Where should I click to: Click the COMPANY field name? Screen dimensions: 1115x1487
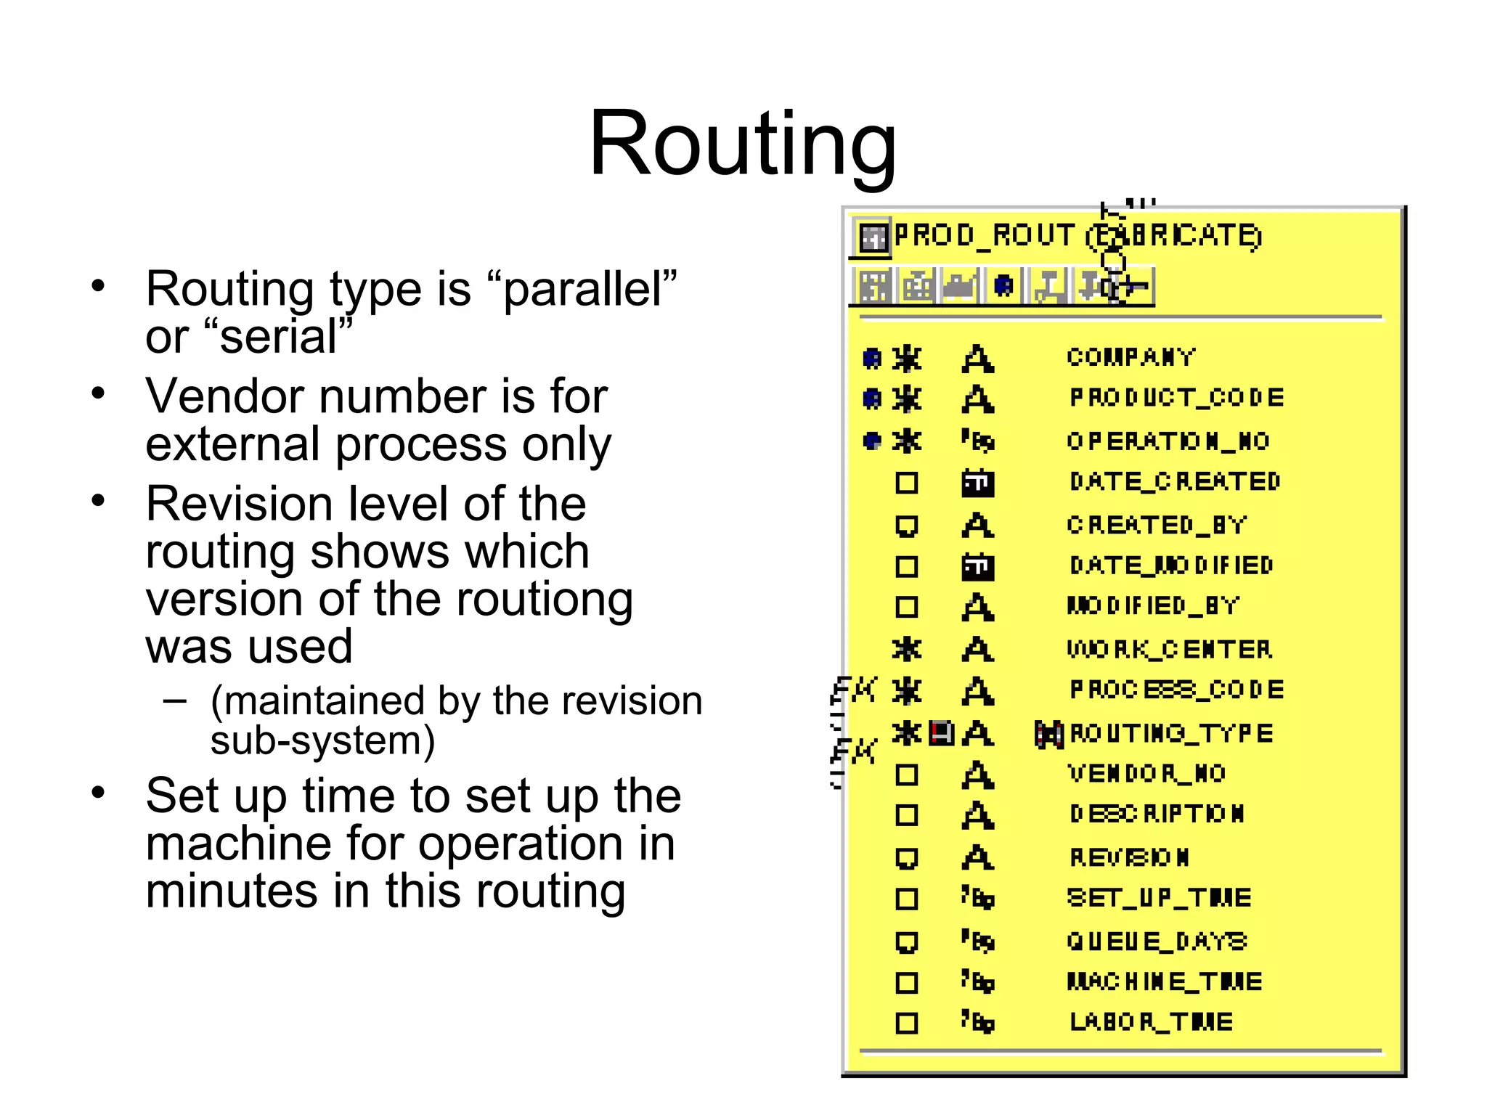1130,357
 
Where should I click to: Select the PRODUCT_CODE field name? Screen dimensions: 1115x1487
1176,398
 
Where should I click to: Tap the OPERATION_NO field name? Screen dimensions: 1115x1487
1168,441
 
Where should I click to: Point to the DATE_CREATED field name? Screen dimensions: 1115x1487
1174,481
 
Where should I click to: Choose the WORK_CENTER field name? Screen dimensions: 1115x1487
1169,649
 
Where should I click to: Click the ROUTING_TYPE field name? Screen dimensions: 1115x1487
1171,733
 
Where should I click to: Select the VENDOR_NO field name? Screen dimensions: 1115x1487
1146,774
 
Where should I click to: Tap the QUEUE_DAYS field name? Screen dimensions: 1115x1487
1156,942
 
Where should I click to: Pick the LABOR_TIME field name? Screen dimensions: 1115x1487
1151,1022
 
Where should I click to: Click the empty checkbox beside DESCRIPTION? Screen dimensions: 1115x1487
906,815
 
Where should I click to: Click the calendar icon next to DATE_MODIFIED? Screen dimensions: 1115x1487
977,566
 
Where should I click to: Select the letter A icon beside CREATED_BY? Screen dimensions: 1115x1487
977,525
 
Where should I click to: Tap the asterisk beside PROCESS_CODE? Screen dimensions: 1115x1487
906,690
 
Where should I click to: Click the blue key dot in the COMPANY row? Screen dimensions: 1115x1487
872,358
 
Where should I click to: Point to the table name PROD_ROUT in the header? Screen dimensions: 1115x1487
984,236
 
